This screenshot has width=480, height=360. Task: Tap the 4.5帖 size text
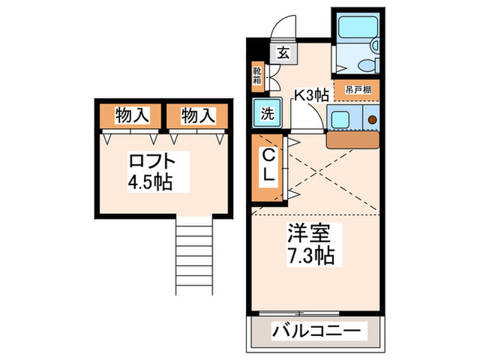point(148,183)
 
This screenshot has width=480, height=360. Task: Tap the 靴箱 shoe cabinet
point(257,76)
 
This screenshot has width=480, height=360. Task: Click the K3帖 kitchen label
point(311,96)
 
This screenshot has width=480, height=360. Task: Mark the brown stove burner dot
point(372,119)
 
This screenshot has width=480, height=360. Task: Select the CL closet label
point(268,167)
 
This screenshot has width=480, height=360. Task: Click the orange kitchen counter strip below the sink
point(352,140)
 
